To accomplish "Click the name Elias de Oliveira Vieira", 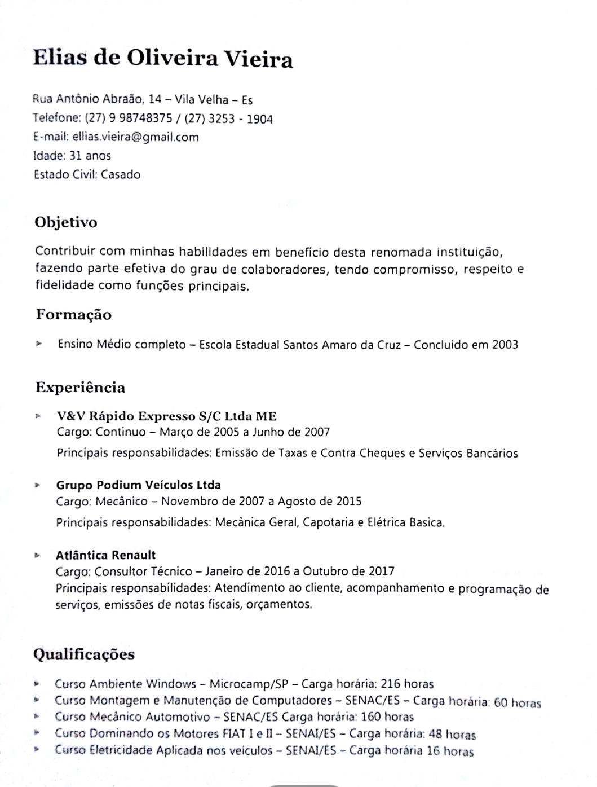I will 163,59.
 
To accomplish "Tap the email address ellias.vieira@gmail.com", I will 135,137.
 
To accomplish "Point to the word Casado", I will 121,174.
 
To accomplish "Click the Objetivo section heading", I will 66,222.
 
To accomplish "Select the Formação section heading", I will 74,314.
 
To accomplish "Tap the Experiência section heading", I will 80,388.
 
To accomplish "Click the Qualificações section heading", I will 84,654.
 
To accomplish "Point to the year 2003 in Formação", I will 505,345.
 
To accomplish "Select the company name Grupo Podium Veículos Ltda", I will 138,485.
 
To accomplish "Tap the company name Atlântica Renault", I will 105,555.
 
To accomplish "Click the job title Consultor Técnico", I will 143,571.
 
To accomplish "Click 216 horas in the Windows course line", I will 407,684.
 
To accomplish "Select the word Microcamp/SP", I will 249,684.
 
